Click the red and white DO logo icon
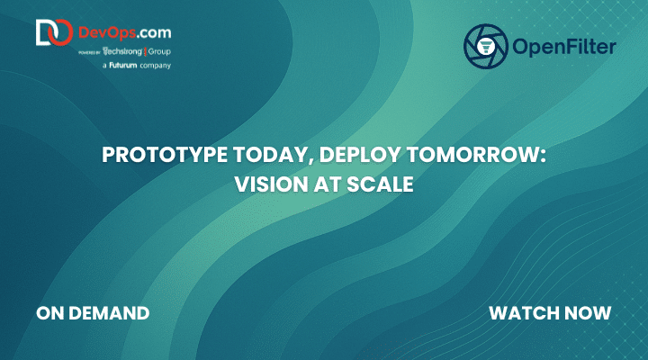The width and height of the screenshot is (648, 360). [x=55, y=32]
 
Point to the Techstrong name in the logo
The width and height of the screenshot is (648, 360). [x=122, y=51]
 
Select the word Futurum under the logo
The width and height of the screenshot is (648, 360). [x=122, y=65]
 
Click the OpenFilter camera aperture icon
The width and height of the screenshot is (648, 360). [x=486, y=46]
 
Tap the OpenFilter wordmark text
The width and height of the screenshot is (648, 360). [x=564, y=46]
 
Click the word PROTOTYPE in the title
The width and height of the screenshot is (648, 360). [x=165, y=155]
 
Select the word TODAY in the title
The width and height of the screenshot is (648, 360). [x=273, y=156]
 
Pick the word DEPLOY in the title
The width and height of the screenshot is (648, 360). [x=359, y=156]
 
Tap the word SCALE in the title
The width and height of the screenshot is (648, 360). [x=380, y=184]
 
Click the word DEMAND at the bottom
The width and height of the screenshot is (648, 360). [x=109, y=313]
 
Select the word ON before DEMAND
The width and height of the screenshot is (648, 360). [x=50, y=313]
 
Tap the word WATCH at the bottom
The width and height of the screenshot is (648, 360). [x=524, y=313]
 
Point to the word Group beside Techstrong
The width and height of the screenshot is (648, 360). [x=159, y=52]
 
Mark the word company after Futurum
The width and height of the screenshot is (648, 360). [x=156, y=66]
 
